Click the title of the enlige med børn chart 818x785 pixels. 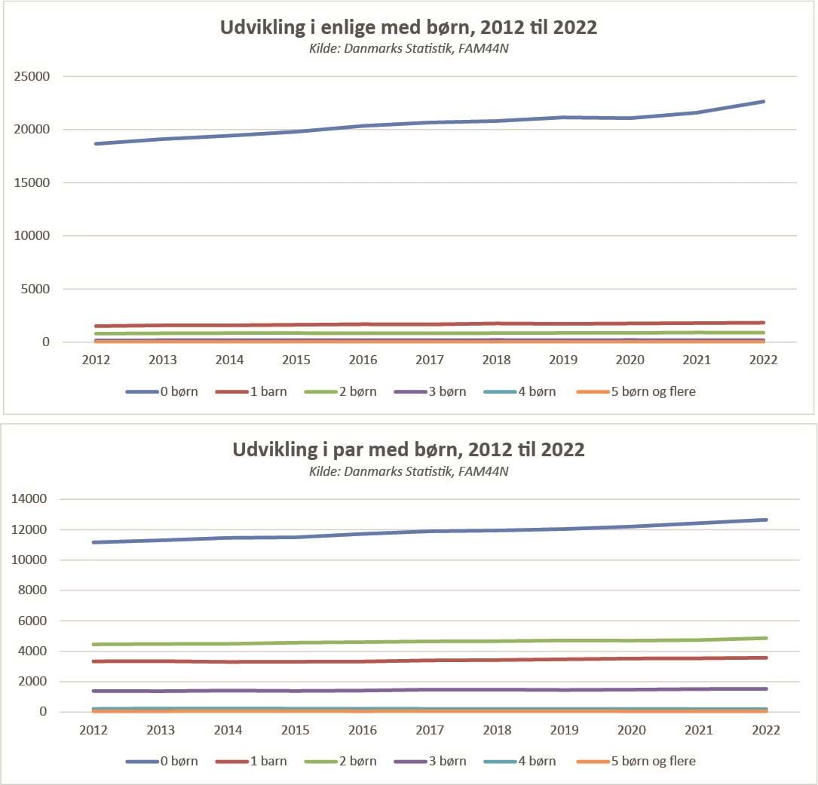(409, 28)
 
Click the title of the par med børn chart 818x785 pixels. (409, 449)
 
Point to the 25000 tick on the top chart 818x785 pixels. (34, 77)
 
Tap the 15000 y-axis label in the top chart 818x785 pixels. (34, 183)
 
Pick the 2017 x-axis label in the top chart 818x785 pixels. (430, 360)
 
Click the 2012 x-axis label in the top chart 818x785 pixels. (96, 360)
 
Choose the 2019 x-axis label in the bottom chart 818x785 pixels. (564, 730)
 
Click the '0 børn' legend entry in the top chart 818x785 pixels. (162, 392)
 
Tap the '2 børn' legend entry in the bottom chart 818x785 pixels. (341, 762)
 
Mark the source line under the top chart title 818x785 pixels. (409, 50)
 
